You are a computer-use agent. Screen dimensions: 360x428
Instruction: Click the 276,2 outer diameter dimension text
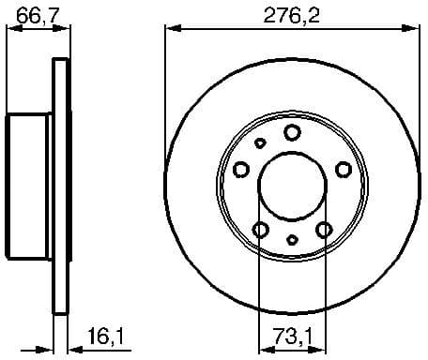click(x=291, y=13)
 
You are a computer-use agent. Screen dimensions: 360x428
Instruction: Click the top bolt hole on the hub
click(x=292, y=132)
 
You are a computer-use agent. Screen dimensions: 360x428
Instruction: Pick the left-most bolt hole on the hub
click(x=241, y=170)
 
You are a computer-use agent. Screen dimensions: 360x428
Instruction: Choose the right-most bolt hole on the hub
click(x=344, y=169)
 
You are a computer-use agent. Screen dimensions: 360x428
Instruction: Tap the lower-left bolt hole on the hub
click(x=261, y=230)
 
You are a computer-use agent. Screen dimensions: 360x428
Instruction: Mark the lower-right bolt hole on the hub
click(x=324, y=230)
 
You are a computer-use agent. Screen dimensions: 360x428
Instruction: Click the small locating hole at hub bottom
click(x=292, y=240)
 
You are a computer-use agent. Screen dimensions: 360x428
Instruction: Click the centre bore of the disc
click(x=292, y=185)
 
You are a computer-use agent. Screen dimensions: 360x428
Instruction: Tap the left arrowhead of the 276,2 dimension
click(x=170, y=30)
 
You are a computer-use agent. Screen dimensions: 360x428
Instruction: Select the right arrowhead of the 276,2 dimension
click(x=414, y=30)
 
